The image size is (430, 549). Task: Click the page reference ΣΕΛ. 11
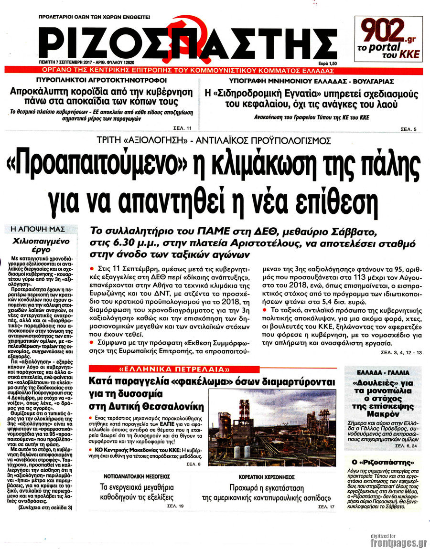[x=183, y=128]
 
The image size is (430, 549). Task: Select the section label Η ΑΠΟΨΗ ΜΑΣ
[x=41, y=229]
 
